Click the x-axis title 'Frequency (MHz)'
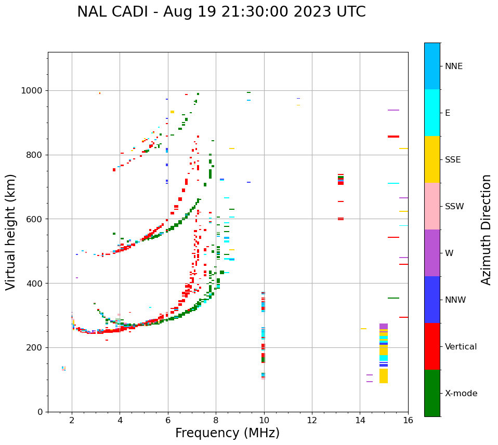coord(227,433)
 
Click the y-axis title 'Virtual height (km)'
coord(11,232)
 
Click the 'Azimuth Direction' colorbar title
coord(486,230)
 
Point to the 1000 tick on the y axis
coord(32,90)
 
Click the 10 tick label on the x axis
coord(264,421)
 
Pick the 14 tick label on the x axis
coord(360,421)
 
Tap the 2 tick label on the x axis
coord(72,421)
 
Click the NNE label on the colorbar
coord(453,66)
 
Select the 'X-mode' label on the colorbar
coord(461,394)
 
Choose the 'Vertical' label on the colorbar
coord(461,347)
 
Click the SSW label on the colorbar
coord(454,207)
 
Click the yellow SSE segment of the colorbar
coord(432,159)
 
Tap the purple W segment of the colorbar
coord(432,253)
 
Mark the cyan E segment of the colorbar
coord(432,113)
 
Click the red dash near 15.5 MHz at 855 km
coord(394,137)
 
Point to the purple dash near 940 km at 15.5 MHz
coord(394,110)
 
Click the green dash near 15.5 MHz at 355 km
coord(394,298)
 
